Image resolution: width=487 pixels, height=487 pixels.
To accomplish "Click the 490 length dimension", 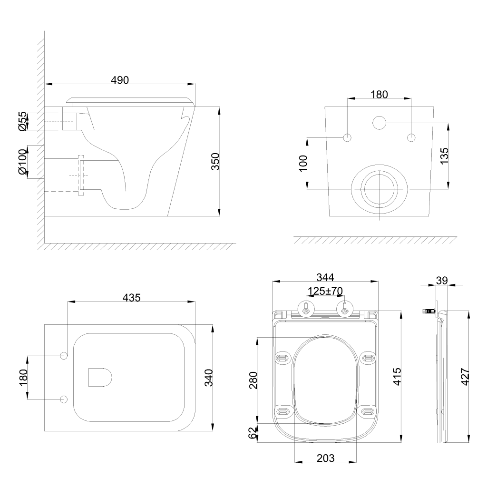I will [120, 80].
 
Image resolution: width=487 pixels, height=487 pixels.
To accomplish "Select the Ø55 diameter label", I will [22, 121].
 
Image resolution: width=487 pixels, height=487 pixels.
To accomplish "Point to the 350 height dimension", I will [214, 162].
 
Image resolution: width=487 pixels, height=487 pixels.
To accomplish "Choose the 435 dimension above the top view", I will [131, 297].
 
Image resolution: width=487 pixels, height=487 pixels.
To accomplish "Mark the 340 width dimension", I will [208, 378].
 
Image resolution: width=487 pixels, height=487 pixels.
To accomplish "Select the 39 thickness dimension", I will [442, 280].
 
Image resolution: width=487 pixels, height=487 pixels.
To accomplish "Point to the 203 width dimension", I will [325, 458].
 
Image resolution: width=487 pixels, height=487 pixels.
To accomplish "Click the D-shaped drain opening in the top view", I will [100, 378].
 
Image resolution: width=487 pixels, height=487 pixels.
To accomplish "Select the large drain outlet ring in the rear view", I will [380, 189].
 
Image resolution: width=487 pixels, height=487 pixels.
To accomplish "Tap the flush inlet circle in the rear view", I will [380, 123].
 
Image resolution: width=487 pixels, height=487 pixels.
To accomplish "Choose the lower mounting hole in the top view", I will [64, 399].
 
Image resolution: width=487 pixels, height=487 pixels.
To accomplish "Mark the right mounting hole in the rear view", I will [411, 137].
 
